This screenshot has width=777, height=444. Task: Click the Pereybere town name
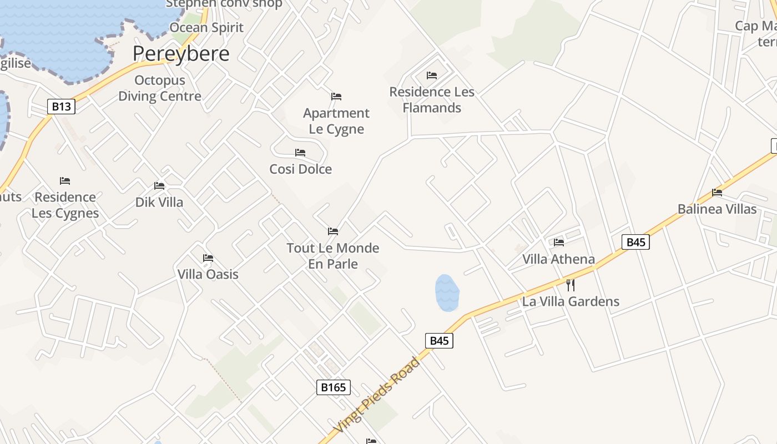tap(180, 54)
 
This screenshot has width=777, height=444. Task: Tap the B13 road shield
tap(61, 107)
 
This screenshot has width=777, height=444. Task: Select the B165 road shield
tap(334, 387)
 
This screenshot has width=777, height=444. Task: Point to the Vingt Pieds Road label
tap(377, 395)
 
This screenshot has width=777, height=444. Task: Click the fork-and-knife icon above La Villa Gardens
tap(570, 285)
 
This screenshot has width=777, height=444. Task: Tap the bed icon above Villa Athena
tap(559, 243)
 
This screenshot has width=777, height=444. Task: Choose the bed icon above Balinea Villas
tap(717, 193)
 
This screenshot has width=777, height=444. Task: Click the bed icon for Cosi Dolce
tap(300, 153)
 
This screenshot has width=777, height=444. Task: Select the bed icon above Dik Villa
tap(159, 186)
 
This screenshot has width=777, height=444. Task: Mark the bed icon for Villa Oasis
tap(208, 258)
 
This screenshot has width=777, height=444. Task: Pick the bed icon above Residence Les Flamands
tap(432, 75)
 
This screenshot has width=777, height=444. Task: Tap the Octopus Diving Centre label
tap(160, 88)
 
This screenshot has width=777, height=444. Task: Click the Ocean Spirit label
tap(206, 28)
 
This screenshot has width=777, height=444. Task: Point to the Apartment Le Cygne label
tap(336, 121)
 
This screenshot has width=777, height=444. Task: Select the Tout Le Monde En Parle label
tap(333, 256)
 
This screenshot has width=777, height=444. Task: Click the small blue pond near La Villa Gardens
tap(447, 292)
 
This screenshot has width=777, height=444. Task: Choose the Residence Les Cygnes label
tap(65, 205)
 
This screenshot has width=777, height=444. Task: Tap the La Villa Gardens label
tap(571, 302)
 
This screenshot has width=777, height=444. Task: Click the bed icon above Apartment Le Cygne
tap(336, 97)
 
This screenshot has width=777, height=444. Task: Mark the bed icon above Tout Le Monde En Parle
tap(333, 231)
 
